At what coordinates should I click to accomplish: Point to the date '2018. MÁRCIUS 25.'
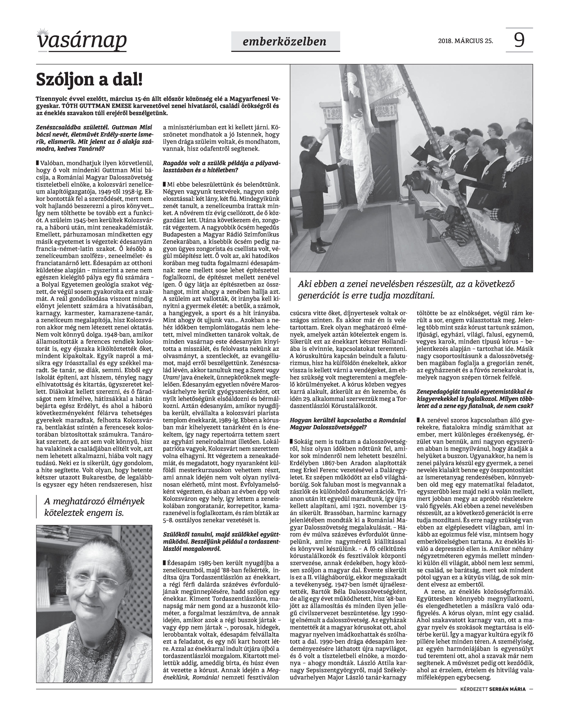[465, 41]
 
